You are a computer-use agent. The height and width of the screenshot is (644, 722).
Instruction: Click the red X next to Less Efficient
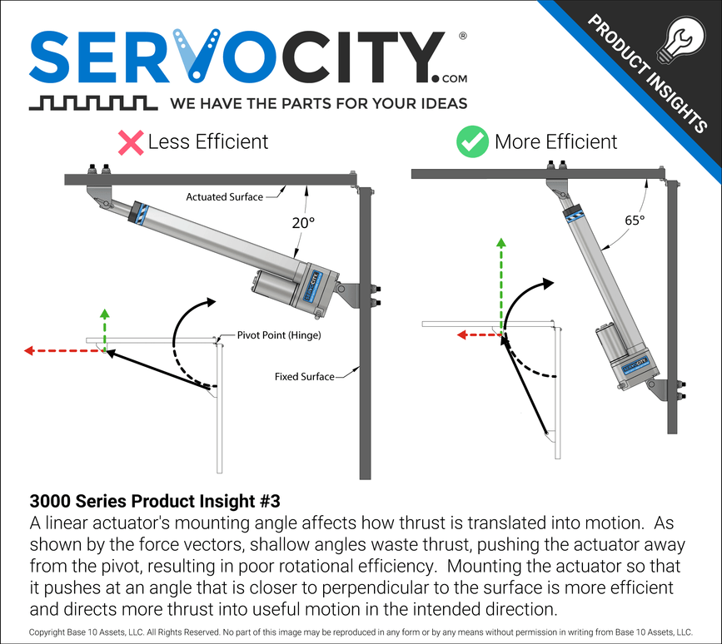click(131, 142)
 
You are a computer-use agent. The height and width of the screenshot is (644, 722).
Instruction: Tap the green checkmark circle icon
click(472, 142)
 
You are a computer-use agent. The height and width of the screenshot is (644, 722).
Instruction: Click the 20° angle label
click(303, 222)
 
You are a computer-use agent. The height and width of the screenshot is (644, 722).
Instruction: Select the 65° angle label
click(634, 221)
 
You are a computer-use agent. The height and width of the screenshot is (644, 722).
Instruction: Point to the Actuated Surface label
click(224, 197)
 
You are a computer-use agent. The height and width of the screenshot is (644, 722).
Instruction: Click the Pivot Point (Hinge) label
click(279, 335)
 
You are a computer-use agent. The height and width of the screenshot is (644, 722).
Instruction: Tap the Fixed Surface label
click(304, 377)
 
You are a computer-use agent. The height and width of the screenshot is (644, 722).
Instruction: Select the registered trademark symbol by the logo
click(463, 37)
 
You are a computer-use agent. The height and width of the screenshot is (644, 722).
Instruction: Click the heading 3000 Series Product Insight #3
click(155, 502)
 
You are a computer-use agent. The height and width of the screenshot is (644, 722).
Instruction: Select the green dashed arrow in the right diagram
click(501, 283)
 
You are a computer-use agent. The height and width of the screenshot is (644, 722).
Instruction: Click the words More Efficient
click(555, 142)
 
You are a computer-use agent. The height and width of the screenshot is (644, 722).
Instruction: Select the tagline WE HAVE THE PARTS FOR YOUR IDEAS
click(317, 104)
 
